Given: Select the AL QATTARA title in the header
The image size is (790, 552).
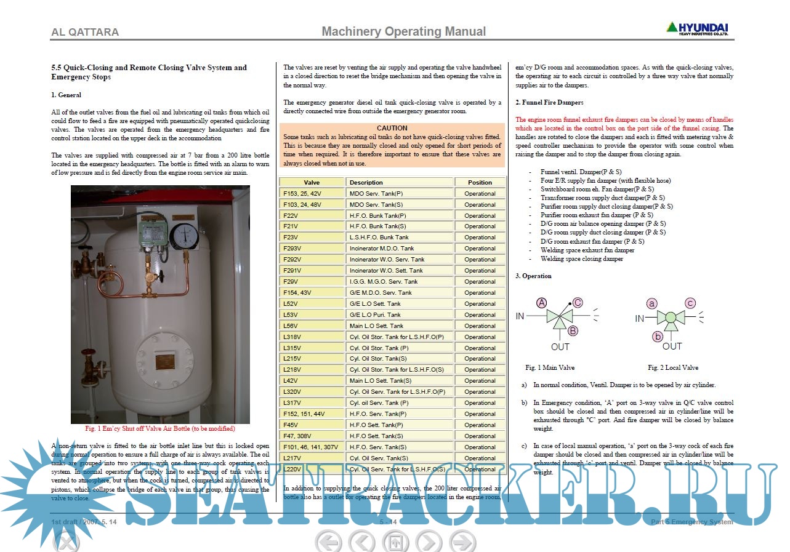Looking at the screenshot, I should [85, 32].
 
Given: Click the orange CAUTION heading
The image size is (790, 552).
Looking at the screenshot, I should [392, 128].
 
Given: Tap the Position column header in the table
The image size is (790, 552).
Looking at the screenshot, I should [480, 182].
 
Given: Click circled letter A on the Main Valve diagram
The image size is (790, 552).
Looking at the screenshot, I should [542, 303].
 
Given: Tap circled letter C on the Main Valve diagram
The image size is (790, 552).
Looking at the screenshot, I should [578, 302].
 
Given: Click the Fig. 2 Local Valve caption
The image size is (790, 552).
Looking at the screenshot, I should [673, 367].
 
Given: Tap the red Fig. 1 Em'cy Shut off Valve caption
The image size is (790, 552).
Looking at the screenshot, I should [160, 428].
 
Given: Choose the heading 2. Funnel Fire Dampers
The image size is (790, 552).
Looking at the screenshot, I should [549, 102].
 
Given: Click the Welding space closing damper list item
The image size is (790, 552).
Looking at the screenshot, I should [581, 259].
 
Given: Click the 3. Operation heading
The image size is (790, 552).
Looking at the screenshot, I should [533, 276].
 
